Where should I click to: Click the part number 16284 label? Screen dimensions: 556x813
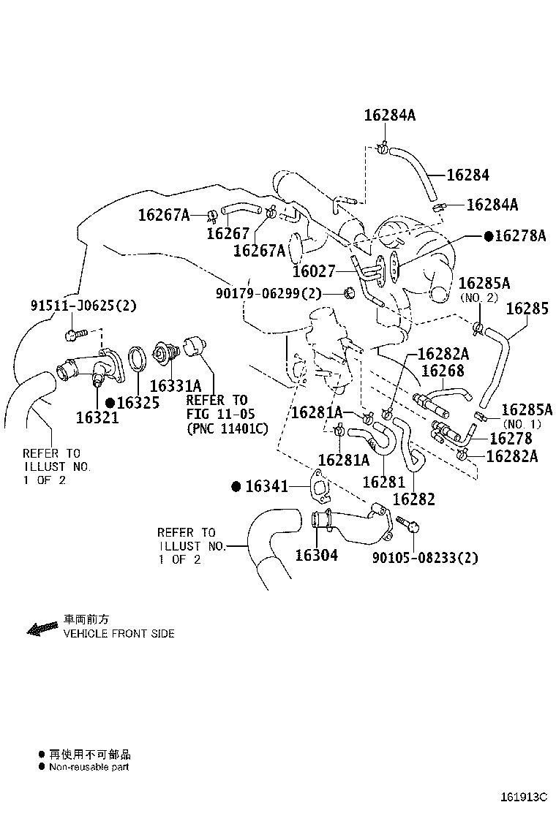pyautogui.click(x=467, y=175)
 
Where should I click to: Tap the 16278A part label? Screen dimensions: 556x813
pyautogui.click(x=520, y=236)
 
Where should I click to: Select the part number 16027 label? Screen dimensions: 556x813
pyautogui.click(x=315, y=271)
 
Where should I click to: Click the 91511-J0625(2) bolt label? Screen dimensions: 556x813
pyautogui.click(x=83, y=306)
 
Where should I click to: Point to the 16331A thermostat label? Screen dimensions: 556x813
pyautogui.click(x=176, y=386)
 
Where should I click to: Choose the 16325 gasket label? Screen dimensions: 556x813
pyautogui.click(x=138, y=402)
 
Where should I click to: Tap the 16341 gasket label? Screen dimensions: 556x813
pyautogui.click(x=266, y=486)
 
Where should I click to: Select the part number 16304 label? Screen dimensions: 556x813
pyautogui.click(x=316, y=556)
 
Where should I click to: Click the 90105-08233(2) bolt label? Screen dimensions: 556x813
pyautogui.click(x=425, y=558)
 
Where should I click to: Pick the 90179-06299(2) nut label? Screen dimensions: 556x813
pyautogui.click(x=268, y=293)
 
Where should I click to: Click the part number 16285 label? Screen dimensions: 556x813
pyautogui.click(x=527, y=309)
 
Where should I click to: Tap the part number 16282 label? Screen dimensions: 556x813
pyautogui.click(x=414, y=499)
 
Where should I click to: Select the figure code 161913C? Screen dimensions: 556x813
pyautogui.click(x=524, y=796)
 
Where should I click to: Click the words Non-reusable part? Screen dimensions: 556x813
pyautogui.click(x=89, y=767)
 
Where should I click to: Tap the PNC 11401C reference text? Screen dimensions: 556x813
pyautogui.click(x=228, y=428)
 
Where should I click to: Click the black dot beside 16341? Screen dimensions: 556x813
pyautogui.click(x=236, y=486)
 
